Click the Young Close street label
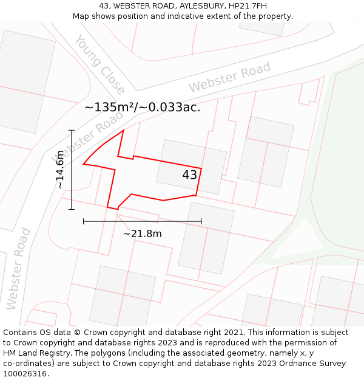pos(99,65)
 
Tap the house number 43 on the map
pos(189,175)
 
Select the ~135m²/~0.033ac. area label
pos(142,108)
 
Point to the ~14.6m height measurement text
pos(59,170)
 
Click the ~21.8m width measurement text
pos(143,234)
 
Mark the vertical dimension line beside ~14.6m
pos(72,170)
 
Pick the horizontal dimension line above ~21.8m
pos(143,222)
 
